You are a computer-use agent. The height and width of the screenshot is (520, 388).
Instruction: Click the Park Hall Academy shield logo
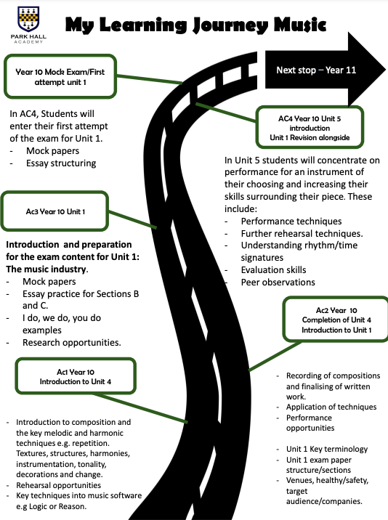(28, 19)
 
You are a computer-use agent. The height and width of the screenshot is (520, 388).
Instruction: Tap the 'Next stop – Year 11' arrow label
(316, 70)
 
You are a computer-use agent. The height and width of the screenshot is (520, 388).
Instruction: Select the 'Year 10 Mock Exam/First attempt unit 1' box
(60, 76)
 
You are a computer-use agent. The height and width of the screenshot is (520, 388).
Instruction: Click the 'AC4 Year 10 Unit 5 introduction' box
(310, 127)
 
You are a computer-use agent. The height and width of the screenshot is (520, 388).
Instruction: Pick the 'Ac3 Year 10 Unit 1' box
(54, 211)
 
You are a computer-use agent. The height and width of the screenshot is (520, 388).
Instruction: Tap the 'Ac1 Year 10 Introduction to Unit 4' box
(76, 376)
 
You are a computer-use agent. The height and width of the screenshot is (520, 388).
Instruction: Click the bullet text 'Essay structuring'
(61, 163)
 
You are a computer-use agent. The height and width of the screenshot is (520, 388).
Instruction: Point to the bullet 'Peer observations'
(278, 283)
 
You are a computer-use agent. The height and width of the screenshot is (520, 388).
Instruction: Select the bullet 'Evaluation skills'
(273, 270)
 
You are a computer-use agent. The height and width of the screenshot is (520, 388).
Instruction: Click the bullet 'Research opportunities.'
(72, 343)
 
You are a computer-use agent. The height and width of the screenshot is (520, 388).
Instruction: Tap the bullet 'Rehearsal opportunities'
(58, 485)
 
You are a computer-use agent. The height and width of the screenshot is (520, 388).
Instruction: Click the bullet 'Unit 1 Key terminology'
(327, 449)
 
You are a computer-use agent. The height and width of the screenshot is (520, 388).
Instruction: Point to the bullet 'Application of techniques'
(331, 407)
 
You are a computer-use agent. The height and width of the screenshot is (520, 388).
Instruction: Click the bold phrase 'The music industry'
(47, 269)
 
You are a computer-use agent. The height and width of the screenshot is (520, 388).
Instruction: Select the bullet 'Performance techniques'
(291, 222)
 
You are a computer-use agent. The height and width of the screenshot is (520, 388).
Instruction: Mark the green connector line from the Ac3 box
(132, 219)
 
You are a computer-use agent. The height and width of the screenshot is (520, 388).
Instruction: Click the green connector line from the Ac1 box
(140, 408)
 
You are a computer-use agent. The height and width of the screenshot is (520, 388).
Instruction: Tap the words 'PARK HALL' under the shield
(28, 36)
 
